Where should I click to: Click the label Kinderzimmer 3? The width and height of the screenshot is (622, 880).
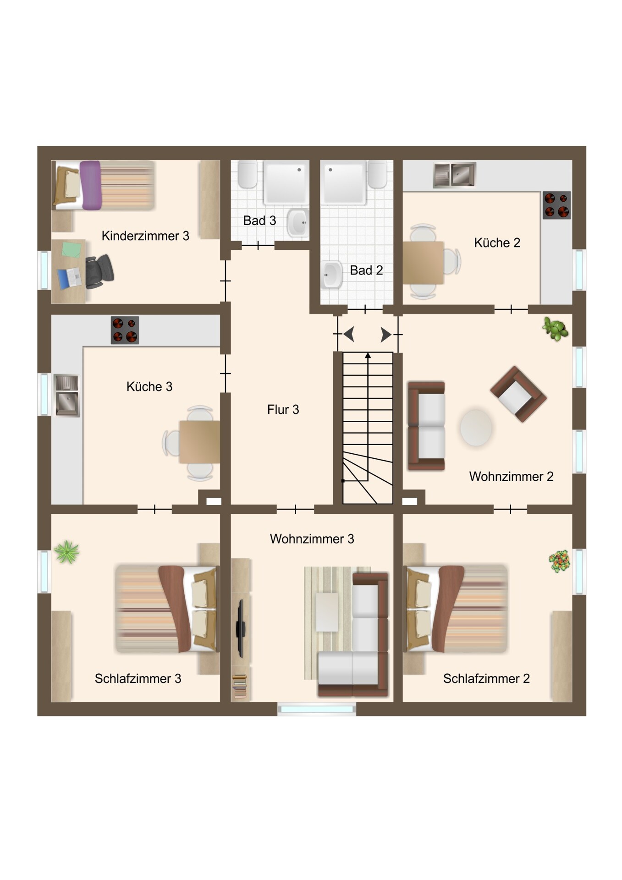click(x=145, y=236)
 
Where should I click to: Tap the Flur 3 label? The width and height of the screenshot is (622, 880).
click(x=283, y=409)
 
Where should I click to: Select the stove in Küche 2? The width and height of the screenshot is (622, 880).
click(x=557, y=205)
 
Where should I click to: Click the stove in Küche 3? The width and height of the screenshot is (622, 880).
click(x=125, y=330)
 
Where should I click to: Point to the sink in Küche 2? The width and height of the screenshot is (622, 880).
click(x=455, y=175)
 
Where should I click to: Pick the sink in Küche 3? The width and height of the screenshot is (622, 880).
click(x=67, y=395)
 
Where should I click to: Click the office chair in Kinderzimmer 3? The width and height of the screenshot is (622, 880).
click(x=99, y=272)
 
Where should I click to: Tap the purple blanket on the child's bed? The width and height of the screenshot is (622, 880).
click(x=90, y=185)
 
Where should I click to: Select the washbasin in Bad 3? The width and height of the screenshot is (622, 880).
click(x=297, y=222)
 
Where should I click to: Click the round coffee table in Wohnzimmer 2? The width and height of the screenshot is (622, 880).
click(x=476, y=427)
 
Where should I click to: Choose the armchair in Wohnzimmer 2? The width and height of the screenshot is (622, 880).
click(x=518, y=394)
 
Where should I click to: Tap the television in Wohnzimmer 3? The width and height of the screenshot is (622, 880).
click(x=240, y=628)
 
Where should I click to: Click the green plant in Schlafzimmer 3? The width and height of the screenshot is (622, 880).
click(x=67, y=552)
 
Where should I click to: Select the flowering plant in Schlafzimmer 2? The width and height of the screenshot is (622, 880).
click(x=559, y=561)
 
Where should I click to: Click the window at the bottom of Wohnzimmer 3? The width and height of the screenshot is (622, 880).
click(x=317, y=709)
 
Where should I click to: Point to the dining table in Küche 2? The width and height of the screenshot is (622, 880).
click(x=423, y=263)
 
